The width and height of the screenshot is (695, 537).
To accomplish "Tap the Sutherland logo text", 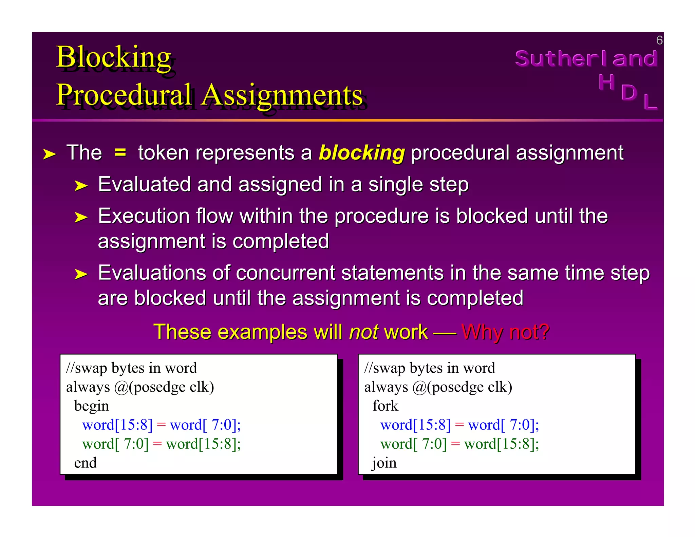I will coord(586,58).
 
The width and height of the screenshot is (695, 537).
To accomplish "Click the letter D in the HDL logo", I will coord(628,92).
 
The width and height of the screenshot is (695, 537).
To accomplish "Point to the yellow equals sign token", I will coord(120,152).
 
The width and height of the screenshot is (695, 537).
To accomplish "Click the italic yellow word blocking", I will coord(362,153).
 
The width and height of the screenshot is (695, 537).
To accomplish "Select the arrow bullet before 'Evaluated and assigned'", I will coord(81,186).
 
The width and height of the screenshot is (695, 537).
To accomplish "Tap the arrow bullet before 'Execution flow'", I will coord(81,217).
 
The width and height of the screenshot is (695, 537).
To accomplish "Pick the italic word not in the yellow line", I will coord(364,332).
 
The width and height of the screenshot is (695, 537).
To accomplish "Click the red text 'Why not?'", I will coord(505,332).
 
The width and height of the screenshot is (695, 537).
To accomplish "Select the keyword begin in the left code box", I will coord(92,406).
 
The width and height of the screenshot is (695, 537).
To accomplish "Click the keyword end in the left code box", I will coord(86,463).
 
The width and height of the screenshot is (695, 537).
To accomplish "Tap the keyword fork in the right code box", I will coord(385,406).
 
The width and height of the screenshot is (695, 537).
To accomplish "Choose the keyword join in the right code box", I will coord(384,463).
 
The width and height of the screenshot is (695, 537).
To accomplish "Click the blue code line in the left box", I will coord(161,425).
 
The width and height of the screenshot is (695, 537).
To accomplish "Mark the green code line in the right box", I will coord(459,444).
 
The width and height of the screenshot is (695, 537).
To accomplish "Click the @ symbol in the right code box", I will coord(419,387).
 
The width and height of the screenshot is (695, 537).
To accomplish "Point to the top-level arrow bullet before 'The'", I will coord(49,154).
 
